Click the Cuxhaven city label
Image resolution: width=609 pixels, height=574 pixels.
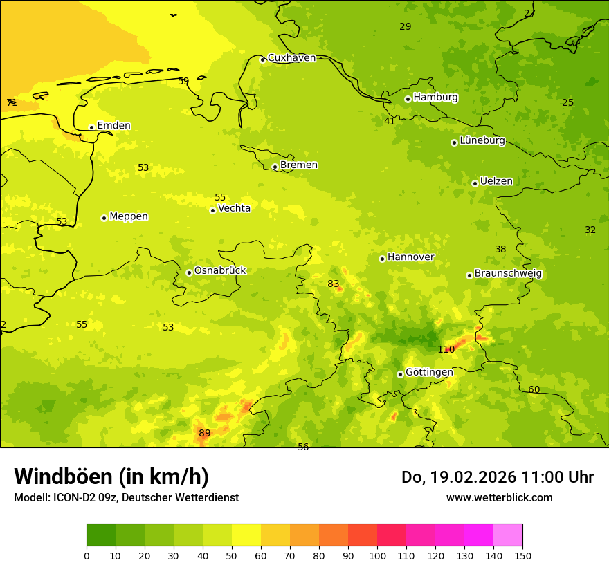tap(291, 58)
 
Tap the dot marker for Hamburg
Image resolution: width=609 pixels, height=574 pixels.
tap(408, 99)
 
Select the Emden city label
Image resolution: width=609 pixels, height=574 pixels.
tap(113, 126)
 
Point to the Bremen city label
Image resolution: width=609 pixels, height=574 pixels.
tap(299, 165)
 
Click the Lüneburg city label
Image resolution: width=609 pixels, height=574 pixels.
tap(482, 140)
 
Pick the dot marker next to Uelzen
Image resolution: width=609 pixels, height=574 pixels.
tap(475, 183)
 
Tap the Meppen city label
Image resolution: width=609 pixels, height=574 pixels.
tap(129, 216)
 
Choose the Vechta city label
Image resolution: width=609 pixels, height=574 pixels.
tap(234, 208)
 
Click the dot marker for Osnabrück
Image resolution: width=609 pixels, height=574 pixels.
tap(189, 272)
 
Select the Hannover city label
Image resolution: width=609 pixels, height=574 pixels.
tap(410, 257)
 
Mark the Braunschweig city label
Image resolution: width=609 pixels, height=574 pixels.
tap(508, 274)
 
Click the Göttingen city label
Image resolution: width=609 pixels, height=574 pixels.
tap(429, 372)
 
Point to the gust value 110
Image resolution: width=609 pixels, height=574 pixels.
tap(446, 350)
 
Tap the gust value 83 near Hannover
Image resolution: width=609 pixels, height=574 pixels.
tap(334, 284)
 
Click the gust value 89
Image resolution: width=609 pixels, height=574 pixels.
tap(205, 434)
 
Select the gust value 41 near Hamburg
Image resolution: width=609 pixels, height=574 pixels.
tap(390, 121)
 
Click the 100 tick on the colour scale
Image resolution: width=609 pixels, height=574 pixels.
tap(377, 555)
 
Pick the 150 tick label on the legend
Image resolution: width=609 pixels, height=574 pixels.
tap(522, 555)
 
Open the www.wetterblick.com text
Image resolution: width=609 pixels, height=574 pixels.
tap(499, 497)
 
